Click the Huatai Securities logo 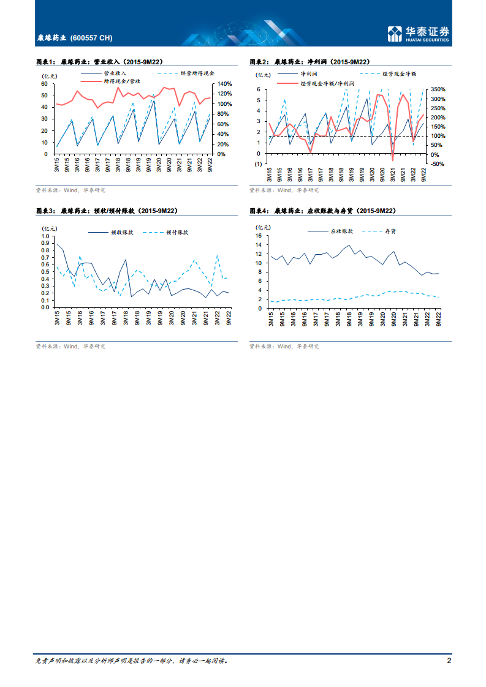tap(419, 34)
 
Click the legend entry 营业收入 tap(113, 73)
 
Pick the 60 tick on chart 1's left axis tap(44, 84)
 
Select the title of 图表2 tap(311, 62)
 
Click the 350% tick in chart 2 tap(438, 89)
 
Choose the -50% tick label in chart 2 tap(439, 164)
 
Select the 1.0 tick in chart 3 tap(44, 236)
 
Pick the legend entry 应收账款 tap(342, 231)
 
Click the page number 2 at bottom tap(449, 661)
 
